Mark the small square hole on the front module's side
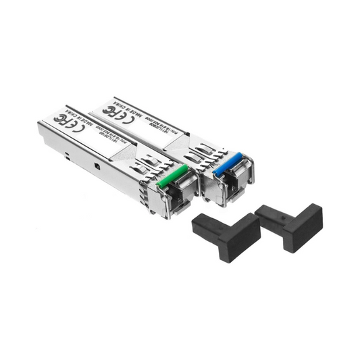(x=96, y=165)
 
